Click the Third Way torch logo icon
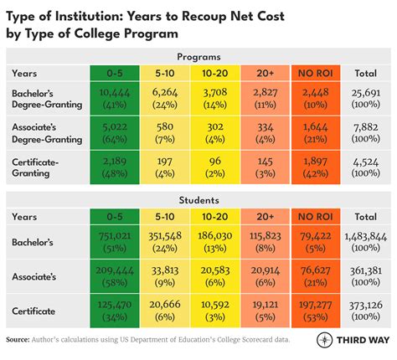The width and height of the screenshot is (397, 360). [322, 341]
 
